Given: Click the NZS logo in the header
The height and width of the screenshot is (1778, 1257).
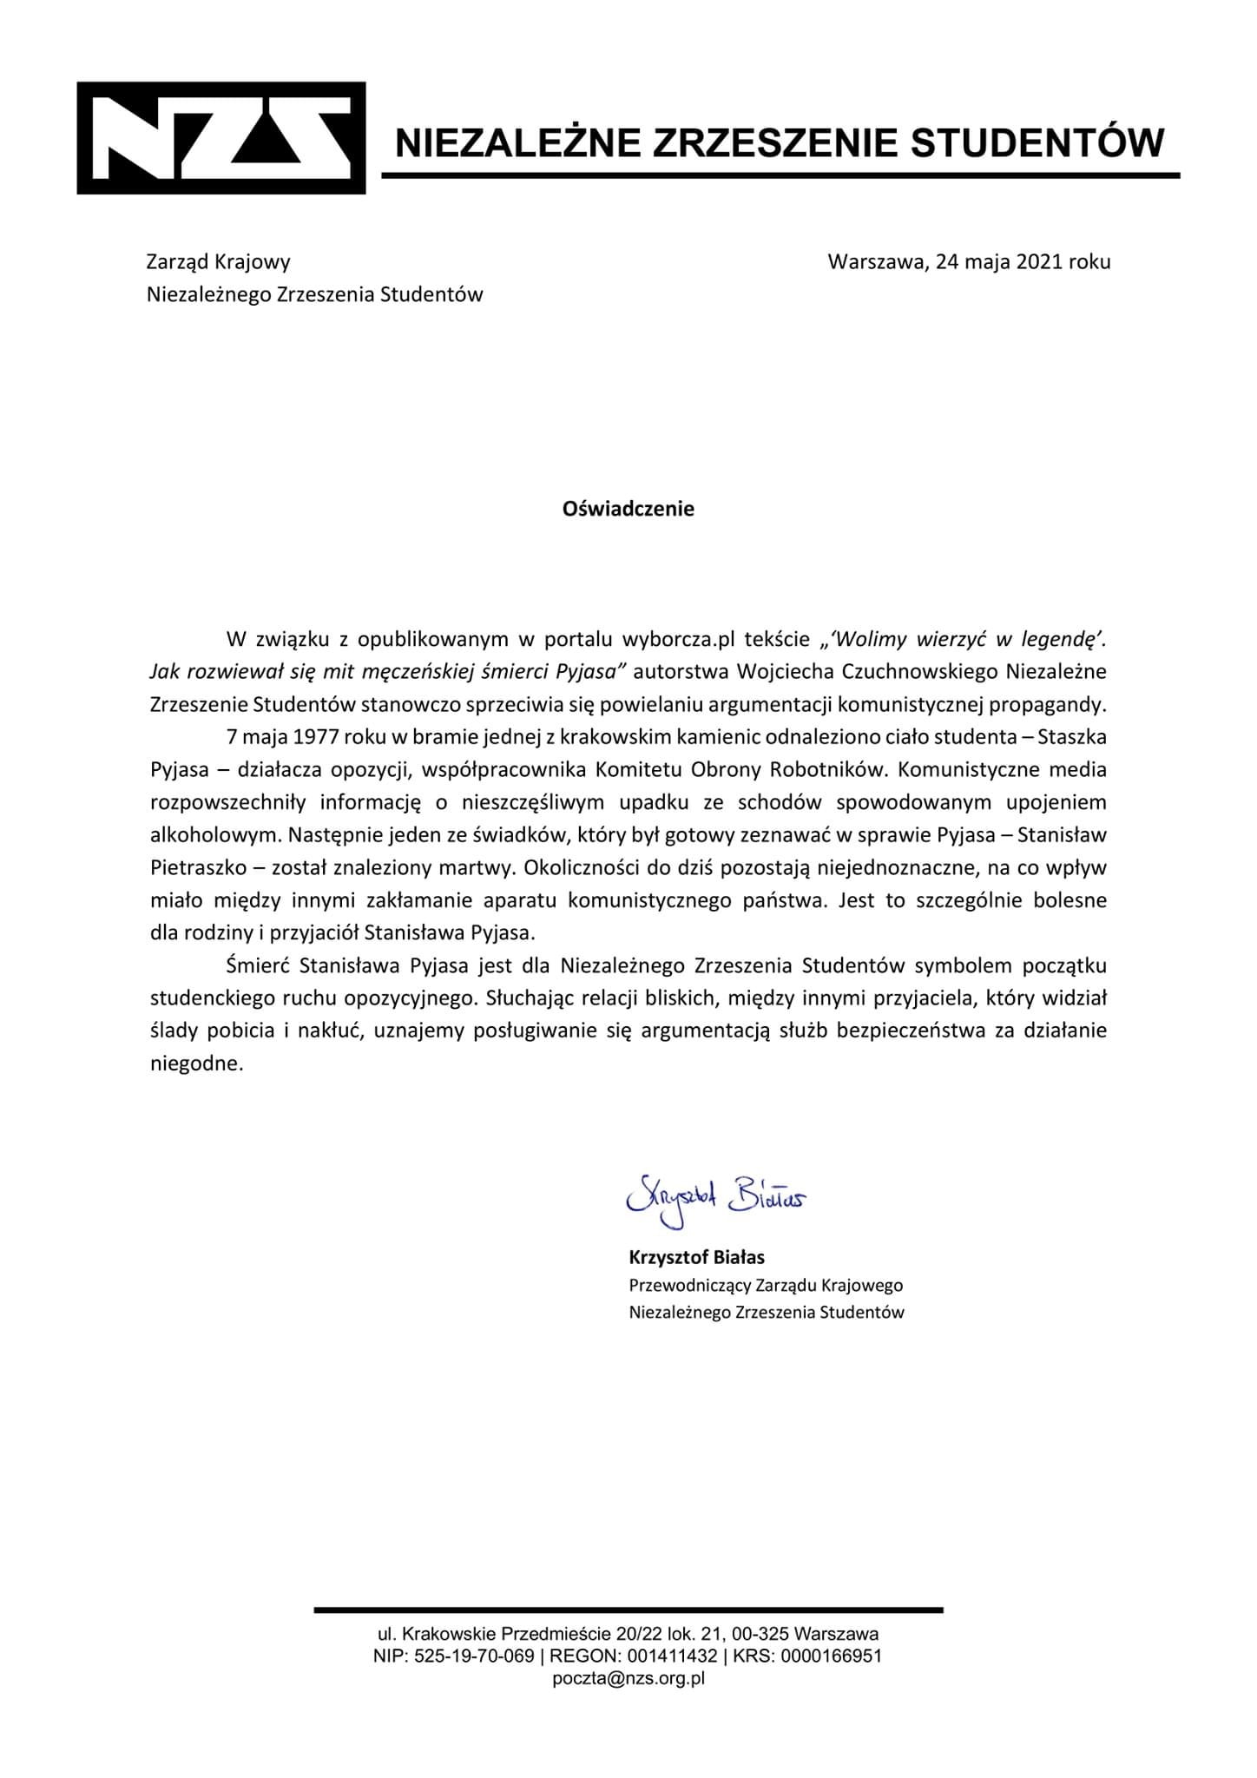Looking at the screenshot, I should pos(220,138).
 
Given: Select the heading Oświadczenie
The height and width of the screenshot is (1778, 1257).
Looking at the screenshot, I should pos(628,509).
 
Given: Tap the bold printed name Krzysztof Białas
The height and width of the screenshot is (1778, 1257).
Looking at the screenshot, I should pos(696,1256).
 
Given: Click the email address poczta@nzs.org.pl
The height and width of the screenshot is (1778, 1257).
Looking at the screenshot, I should pos(628,1679).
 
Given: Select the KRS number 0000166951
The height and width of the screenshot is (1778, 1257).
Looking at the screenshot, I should pos(831,1656).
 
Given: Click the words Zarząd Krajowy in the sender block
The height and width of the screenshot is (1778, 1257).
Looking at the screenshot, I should pos(218,261).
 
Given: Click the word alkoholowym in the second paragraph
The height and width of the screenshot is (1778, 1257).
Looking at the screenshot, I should pos(211,835).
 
